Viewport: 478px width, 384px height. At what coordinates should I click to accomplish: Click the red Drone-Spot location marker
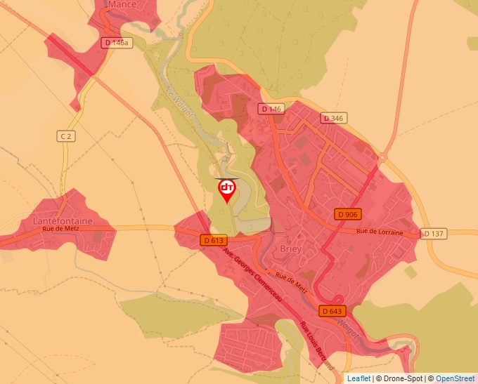[x=227, y=190]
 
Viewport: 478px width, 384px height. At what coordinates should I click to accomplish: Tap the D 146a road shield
[x=116, y=43]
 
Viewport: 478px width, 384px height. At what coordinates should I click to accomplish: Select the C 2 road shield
[x=66, y=136]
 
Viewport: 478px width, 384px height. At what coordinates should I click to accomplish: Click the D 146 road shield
[x=271, y=109]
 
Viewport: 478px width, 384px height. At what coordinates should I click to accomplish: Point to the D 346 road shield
[x=332, y=118]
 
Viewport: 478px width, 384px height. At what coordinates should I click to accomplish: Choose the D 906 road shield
[x=348, y=214]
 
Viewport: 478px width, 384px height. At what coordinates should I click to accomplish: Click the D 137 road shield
[x=434, y=233]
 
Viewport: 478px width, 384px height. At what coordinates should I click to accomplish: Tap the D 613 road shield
[x=212, y=240]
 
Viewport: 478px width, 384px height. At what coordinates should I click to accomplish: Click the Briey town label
[x=290, y=249]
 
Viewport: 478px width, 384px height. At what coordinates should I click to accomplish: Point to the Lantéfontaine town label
[x=63, y=220]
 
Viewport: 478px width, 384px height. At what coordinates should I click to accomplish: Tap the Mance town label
[x=122, y=4]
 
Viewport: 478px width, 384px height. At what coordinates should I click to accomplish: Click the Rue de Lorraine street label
[x=380, y=232]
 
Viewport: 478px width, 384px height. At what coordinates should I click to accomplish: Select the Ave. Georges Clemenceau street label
[x=252, y=276]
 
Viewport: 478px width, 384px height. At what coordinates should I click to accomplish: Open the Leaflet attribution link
[x=358, y=378]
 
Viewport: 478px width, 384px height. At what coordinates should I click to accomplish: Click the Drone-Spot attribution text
[x=401, y=378]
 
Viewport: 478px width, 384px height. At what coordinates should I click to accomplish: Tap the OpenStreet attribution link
[x=456, y=378]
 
